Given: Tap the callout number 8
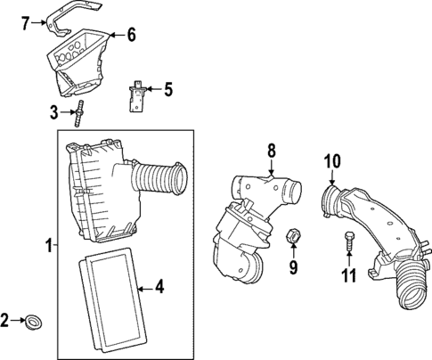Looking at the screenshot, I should (273, 151).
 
